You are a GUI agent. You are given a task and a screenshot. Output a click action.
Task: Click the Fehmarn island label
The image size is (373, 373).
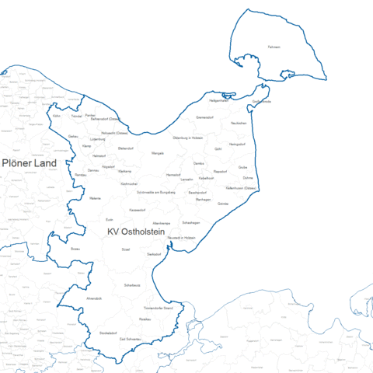(273, 47)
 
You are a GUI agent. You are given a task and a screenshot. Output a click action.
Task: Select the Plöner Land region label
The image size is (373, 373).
(29, 163)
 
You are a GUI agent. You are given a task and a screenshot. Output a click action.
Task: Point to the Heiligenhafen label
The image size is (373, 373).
(220, 100)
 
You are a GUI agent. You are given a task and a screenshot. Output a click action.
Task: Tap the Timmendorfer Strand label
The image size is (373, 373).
(169, 309)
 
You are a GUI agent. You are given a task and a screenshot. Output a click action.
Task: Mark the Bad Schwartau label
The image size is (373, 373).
(130, 340)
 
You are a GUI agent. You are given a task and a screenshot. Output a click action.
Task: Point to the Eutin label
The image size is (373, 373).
(109, 220)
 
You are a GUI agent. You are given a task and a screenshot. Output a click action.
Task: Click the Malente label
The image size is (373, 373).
(96, 199)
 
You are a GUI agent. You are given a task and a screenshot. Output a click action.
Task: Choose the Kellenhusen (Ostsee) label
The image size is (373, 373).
(241, 187)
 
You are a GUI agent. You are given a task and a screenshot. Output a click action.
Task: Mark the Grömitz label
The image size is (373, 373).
(223, 204)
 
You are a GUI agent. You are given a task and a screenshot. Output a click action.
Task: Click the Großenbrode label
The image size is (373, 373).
(262, 102)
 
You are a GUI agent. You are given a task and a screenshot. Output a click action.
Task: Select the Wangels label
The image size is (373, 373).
(158, 154)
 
